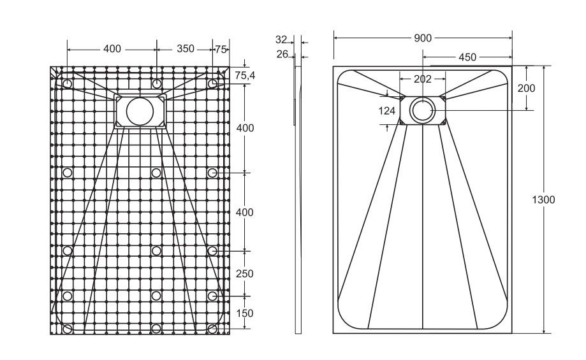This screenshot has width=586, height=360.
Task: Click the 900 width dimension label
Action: pyautogui.click(x=423, y=38)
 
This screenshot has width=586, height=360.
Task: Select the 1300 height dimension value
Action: pyautogui.click(x=543, y=200)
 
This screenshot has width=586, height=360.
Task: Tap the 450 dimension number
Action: pyautogui.click(x=467, y=57)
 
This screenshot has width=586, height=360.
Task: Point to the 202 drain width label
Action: pyautogui.click(x=423, y=79)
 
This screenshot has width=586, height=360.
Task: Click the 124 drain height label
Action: pyautogui.click(x=387, y=111)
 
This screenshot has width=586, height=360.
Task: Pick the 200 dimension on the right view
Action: pyautogui.click(x=526, y=88)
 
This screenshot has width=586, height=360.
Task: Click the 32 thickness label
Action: pyautogui.click(x=281, y=40)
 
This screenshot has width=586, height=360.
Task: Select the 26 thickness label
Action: pyautogui.click(x=282, y=55)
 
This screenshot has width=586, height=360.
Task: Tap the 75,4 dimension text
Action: pyautogui.click(x=245, y=75)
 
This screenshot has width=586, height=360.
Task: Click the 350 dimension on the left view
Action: pyautogui.click(x=186, y=49)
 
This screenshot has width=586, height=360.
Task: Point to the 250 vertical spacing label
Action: pyautogui.click(x=245, y=274)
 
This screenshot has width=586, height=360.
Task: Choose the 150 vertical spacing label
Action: pyautogui.click(x=245, y=313)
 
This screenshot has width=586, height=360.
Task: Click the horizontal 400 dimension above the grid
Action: pyautogui.click(x=112, y=49)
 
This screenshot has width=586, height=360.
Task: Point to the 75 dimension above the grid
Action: pyautogui.click(x=221, y=49)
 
